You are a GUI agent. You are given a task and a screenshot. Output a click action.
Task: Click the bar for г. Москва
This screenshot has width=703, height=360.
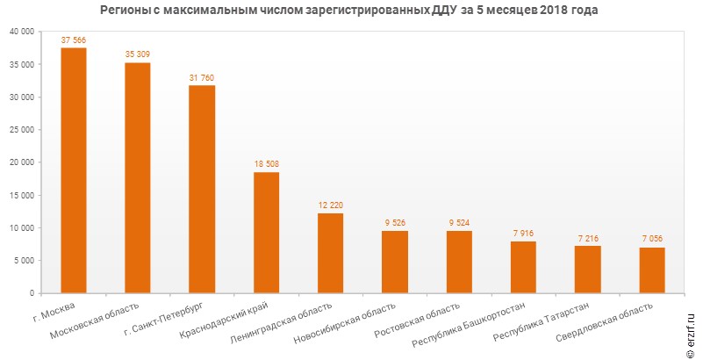[x=74, y=170]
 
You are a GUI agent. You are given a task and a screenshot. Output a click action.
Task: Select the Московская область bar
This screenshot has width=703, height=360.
[x=138, y=177]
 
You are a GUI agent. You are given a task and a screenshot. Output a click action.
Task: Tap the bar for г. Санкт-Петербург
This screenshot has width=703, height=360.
[x=202, y=189]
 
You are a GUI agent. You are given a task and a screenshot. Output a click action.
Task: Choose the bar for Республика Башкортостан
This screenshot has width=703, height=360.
[x=523, y=267]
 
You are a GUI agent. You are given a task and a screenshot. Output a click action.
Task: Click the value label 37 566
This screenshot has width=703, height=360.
[x=74, y=40]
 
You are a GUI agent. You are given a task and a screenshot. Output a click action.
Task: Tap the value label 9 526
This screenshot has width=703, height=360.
[x=395, y=223]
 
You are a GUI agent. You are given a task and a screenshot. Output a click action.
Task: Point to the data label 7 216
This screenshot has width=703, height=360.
[x=588, y=238]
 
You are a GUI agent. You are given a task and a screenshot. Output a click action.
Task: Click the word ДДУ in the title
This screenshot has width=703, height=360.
[x=443, y=11]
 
